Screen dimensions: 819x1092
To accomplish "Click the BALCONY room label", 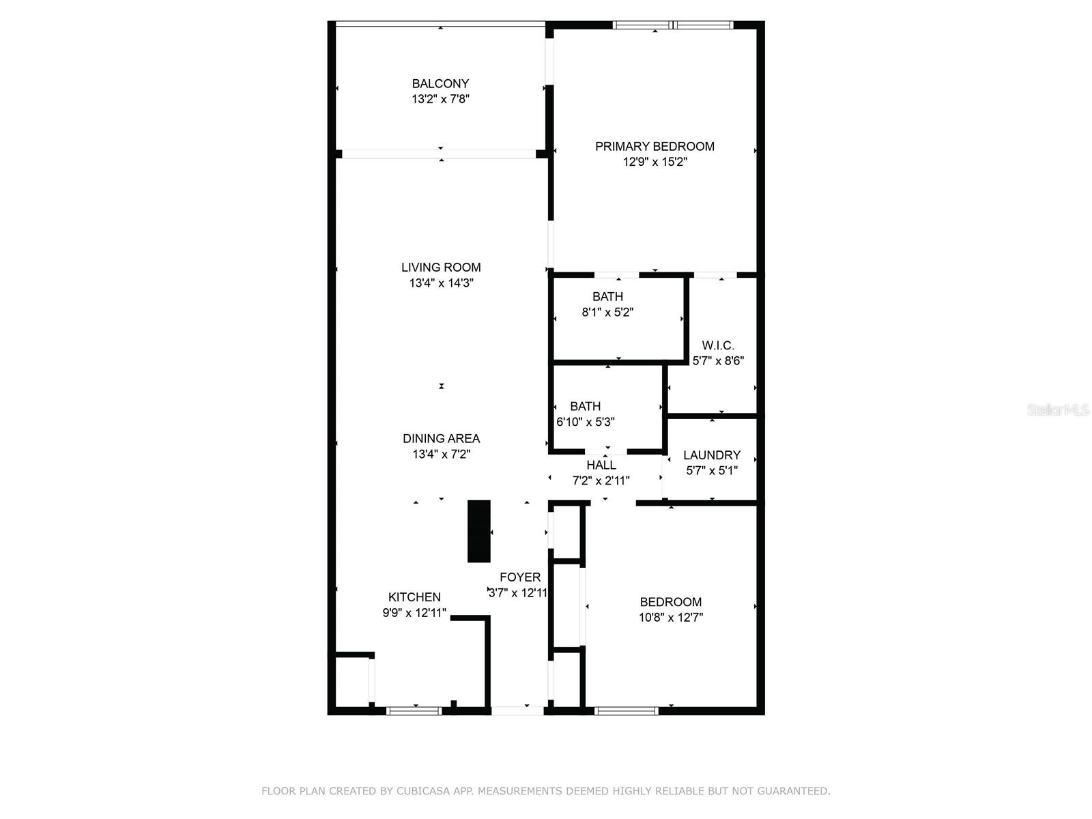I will click(440, 84).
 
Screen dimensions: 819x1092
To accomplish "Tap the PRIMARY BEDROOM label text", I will click(655, 147).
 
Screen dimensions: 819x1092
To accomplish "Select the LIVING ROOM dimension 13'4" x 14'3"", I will click(441, 283).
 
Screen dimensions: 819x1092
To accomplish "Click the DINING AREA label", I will click(441, 439).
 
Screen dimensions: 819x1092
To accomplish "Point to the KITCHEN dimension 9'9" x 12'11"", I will click(414, 613).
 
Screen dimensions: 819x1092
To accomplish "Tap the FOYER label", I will click(520, 577).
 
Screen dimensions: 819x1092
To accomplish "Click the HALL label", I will click(601, 465).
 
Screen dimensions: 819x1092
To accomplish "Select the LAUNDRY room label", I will click(711, 455).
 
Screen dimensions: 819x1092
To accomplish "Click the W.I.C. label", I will click(718, 346).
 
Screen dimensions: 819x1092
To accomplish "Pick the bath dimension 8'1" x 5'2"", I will click(607, 313).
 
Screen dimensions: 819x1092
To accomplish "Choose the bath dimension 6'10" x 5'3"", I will click(586, 422).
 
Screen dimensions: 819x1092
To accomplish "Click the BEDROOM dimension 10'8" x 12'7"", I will click(670, 618).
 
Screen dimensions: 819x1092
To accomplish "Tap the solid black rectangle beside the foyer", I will click(478, 531).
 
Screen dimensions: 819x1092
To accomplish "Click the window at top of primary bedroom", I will click(673, 25).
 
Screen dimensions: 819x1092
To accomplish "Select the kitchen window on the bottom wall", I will click(414, 711).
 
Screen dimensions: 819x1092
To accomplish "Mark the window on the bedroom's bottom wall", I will click(626, 711).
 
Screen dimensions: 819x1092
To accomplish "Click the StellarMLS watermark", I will click(1058, 410).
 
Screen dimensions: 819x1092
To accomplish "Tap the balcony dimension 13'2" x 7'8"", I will click(440, 100).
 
